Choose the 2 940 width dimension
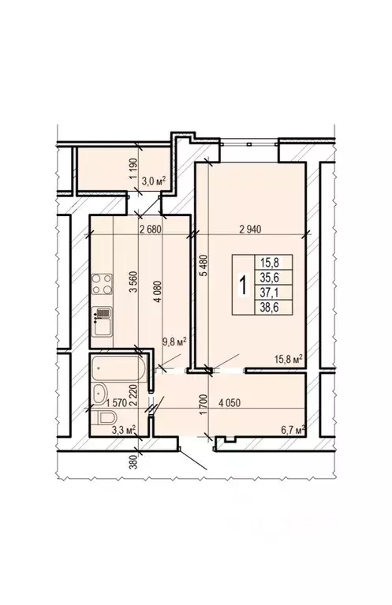255,230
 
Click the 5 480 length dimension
203,273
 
